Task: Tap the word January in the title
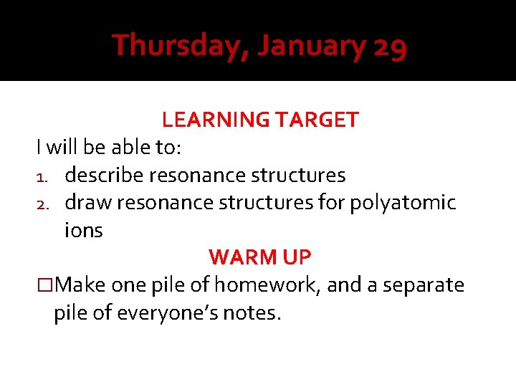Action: coord(311,46)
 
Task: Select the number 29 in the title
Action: coord(391,47)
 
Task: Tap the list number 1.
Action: coord(42,176)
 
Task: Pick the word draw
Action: coord(88,203)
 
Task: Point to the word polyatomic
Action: coord(403,204)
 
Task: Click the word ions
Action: coord(84,231)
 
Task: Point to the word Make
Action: coord(80,285)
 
